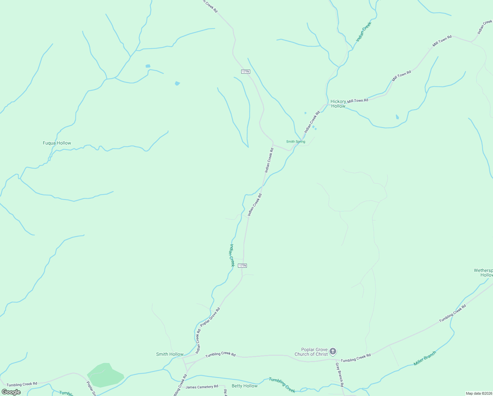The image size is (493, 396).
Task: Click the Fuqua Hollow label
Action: click(x=57, y=143)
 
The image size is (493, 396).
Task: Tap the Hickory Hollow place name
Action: click(x=338, y=104)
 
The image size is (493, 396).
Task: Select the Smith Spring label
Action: click(x=296, y=142)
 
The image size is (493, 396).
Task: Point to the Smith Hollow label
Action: click(x=170, y=354)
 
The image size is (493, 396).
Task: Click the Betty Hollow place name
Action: click(x=245, y=386)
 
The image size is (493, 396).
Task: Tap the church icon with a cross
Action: click(x=333, y=351)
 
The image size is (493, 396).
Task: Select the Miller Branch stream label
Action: click(x=425, y=358)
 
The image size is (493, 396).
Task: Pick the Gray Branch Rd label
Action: click(x=339, y=375)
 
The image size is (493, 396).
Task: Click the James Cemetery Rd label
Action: click(x=202, y=387)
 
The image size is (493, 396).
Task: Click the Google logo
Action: click(x=11, y=392)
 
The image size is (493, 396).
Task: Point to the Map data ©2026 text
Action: click(x=478, y=393)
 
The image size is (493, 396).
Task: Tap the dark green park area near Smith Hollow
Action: click(x=105, y=375)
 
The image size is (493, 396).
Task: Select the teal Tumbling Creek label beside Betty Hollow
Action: click(x=282, y=385)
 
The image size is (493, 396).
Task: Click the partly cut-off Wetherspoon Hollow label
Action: click(x=483, y=273)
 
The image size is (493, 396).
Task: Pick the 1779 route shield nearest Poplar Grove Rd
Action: click(x=242, y=266)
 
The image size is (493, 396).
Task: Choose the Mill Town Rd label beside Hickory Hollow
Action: click(x=358, y=100)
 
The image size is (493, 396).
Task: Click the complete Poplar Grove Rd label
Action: click(x=210, y=317)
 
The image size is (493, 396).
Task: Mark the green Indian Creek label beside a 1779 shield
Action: click(x=232, y=255)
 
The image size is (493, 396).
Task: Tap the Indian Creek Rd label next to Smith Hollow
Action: click(x=198, y=341)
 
